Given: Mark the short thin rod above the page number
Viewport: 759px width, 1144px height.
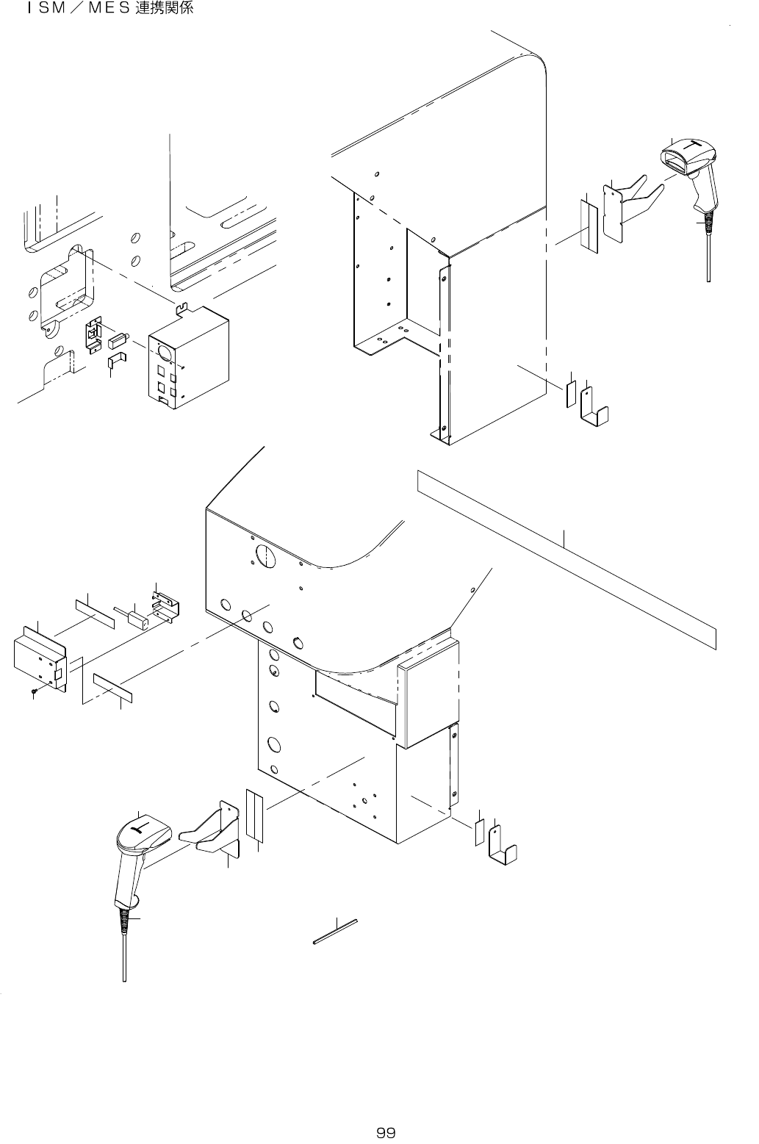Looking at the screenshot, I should [335, 929].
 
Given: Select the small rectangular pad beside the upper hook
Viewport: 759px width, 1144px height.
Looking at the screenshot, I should [570, 395].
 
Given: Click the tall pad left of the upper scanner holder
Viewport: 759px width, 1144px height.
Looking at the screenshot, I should [589, 226].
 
